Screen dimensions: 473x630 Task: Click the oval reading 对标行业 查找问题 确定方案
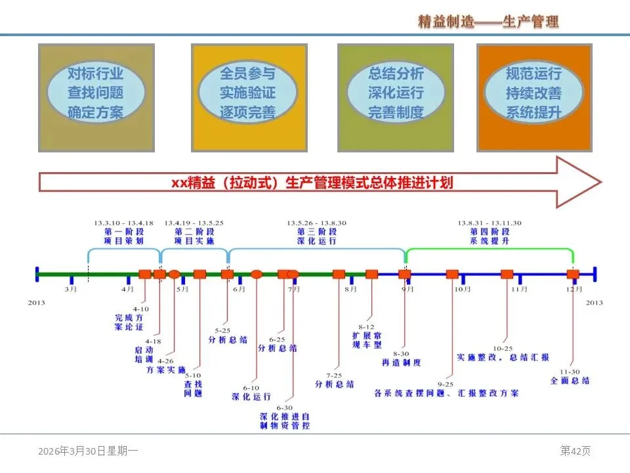(96, 93)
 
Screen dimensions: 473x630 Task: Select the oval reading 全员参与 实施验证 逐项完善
(248, 93)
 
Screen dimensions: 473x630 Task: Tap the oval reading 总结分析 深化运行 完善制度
(396, 93)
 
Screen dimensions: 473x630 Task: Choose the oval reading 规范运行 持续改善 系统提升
(534, 93)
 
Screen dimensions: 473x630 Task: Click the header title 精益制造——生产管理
(488, 22)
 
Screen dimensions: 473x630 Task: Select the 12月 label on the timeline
(574, 289)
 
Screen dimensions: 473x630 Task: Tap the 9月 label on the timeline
(408, 289)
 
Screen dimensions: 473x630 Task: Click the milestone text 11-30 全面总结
(569, 375)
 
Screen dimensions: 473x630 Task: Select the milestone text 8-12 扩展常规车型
(366, 335)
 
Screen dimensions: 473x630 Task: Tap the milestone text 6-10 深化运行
(251, 392)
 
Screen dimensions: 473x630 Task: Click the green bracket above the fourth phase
(490, 250)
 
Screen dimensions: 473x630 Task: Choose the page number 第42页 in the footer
(575, 451)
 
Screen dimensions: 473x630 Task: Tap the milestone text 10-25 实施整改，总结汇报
(504, 353)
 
